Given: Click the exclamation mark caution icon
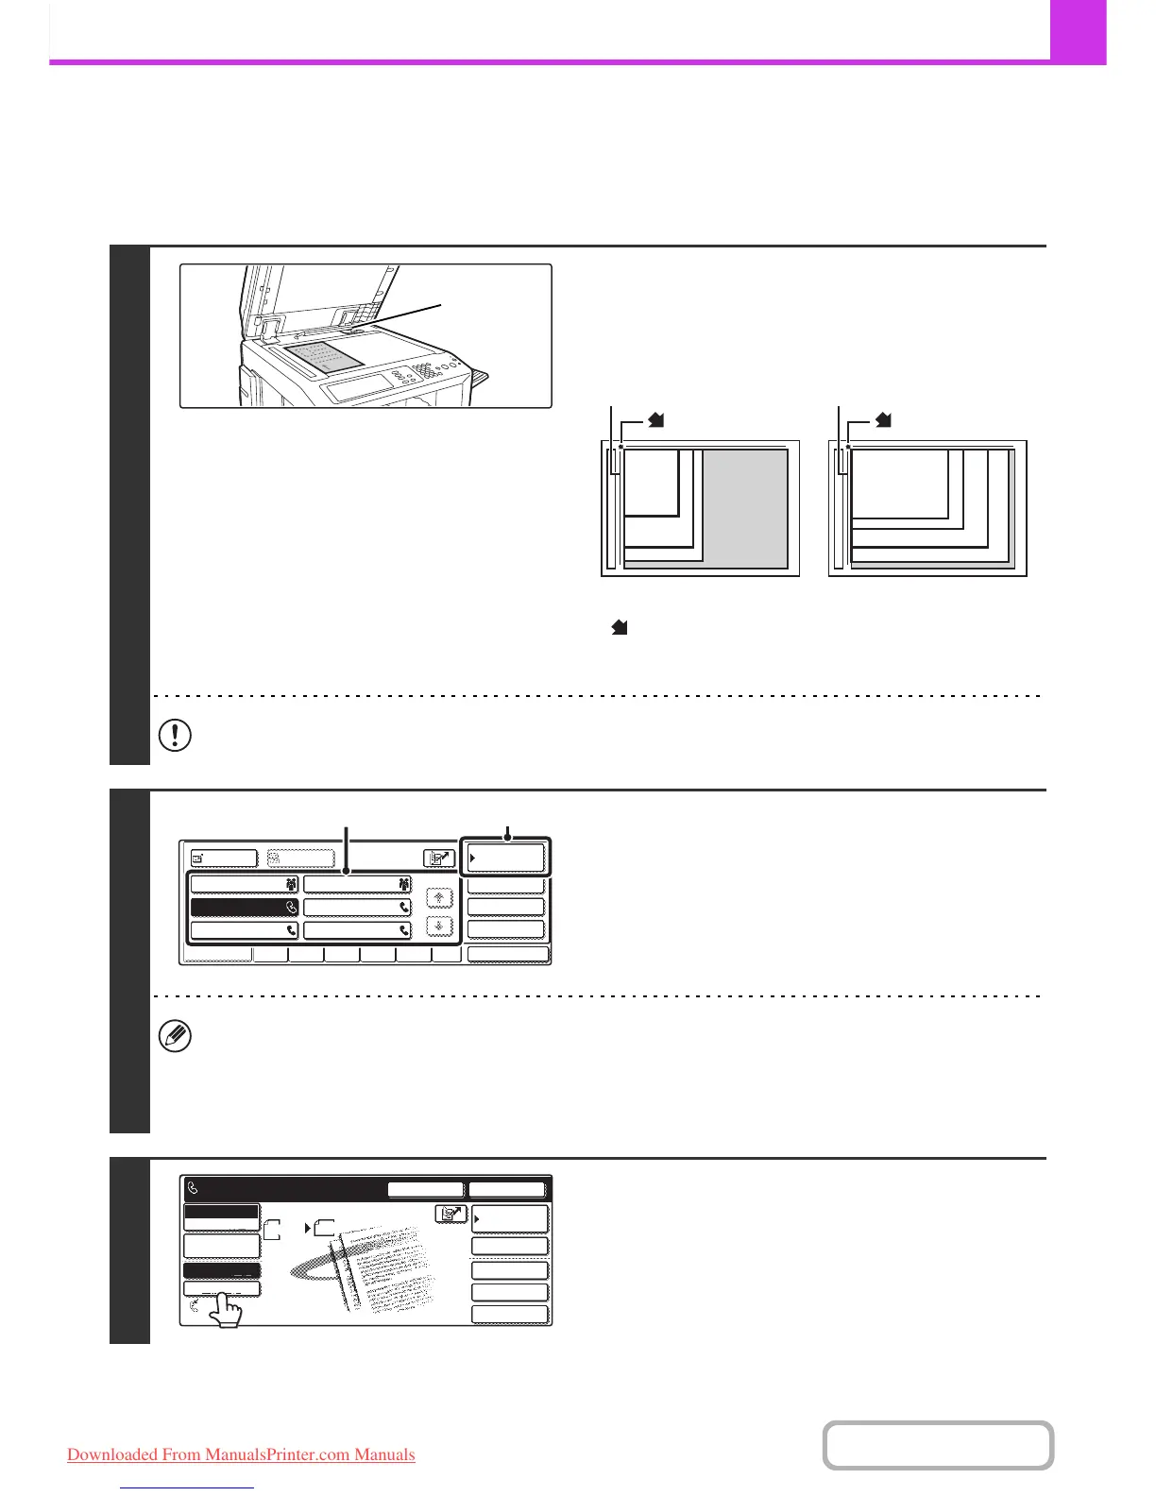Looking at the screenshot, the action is coord(176,735).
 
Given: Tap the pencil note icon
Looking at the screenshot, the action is coord(176,1037).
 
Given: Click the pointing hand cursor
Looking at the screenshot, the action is coord(225,1311).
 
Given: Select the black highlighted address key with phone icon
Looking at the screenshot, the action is coord(245,907).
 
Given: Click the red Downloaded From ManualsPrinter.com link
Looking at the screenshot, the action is coord(241,1454).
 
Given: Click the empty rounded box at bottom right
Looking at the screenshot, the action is coord(938,1445).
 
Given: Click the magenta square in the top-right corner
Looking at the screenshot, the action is coord(1078,32).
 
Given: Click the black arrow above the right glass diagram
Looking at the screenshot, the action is coord(883,420).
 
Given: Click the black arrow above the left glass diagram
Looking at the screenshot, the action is coord(656,420).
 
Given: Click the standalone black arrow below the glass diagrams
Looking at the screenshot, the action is coord(620,626).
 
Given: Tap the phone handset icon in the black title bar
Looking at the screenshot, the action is coord(195,1189).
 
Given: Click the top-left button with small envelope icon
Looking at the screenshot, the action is coord(224,858).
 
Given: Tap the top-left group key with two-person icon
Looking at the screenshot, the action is coord(245,884).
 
